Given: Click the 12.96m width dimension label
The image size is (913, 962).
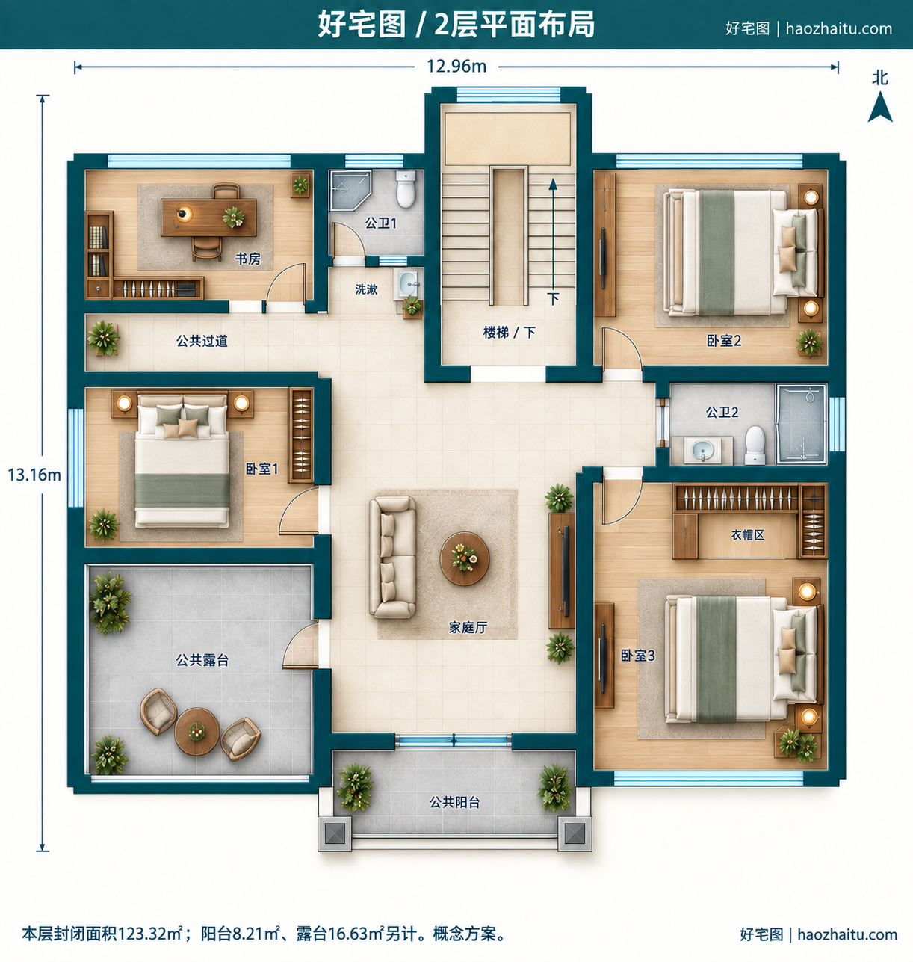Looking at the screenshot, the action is (x=456, y=66).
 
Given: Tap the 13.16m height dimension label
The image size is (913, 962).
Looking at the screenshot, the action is (x=34, y=475).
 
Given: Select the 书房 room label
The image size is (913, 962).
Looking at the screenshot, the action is (x=247, y=259).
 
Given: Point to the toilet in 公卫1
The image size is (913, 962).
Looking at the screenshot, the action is (x=406, y=189).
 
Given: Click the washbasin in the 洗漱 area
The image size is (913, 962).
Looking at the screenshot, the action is (x=407, y=283).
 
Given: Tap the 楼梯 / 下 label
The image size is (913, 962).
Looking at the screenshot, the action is (x=510, y=333).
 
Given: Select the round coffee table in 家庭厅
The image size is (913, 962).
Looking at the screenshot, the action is (x=464, y=558).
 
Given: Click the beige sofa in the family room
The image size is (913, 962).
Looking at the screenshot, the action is (x=392, y=557).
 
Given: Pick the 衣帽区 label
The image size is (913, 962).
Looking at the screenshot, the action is (x=748, y=535).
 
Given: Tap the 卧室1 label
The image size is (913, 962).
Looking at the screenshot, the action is (x=261, y=469).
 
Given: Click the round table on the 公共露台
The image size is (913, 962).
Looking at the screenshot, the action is (x=196, y=732).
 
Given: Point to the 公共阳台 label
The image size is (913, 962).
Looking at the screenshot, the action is (x=454, y=802).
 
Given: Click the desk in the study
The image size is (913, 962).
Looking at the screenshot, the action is (x=209, y=218).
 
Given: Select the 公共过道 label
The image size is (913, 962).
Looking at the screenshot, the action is (x=202, y=341).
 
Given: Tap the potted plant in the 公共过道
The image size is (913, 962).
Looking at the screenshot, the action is (x=103, y=338).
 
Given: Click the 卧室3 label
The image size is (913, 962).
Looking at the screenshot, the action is (x=637, y=656).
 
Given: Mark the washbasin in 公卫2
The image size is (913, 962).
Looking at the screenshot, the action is (x=702, y=449).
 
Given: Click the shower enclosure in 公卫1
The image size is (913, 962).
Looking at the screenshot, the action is (x=350, y=190).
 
